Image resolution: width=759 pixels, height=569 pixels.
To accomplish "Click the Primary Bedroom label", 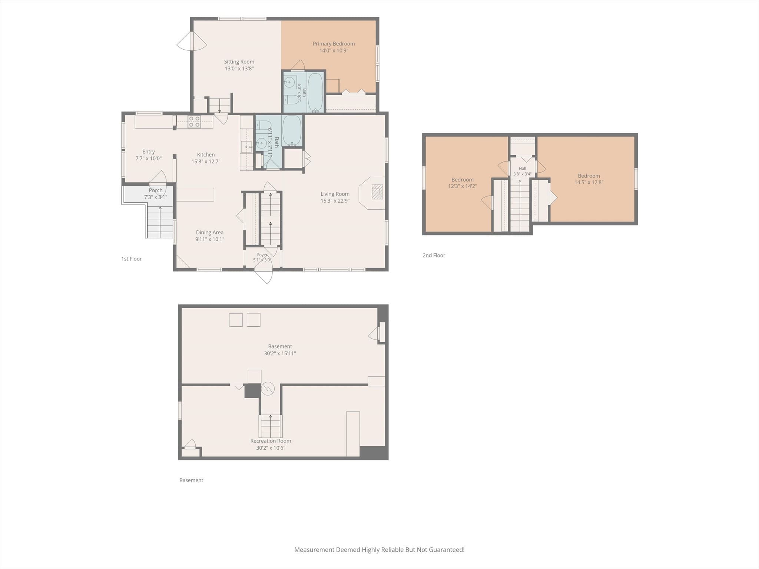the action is coord(334,44).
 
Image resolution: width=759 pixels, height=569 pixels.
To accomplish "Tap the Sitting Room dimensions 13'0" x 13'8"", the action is coord(239,69).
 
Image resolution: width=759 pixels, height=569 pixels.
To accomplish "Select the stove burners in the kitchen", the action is coord(194,122).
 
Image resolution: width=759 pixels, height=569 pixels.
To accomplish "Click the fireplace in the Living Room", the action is coord(377,192).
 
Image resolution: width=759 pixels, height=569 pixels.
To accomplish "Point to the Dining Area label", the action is coord(210,232).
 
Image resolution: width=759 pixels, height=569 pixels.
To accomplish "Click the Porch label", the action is coord(156,190).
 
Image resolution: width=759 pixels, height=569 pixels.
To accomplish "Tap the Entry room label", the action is coord(149,152).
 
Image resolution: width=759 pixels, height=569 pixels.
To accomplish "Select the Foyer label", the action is coord(262,255).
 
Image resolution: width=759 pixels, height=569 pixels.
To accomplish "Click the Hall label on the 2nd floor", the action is coord(522,169).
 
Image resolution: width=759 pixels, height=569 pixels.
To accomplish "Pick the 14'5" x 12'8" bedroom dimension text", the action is coord(589,182).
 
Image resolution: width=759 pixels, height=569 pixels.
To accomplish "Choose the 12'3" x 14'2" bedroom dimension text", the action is coord(463,186).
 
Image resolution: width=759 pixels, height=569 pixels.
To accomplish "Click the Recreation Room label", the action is coord(271,441).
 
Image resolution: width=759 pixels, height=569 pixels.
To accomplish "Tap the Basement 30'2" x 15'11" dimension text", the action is coord(280,353).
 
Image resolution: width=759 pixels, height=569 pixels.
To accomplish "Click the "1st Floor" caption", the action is coord(132,259).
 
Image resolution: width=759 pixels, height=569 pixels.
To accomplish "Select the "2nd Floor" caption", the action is coord(434,255).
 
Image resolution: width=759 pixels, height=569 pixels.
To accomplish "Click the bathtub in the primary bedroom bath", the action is coord(315,92).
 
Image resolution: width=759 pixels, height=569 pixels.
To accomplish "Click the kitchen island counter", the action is coord(195,194).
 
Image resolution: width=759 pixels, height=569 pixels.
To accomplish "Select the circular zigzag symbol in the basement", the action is coord(268,389).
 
